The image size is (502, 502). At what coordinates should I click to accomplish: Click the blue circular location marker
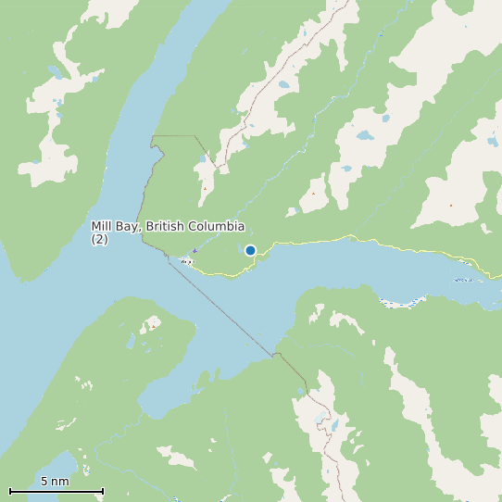click(250, 250)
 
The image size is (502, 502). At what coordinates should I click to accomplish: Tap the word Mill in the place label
click(102, 227)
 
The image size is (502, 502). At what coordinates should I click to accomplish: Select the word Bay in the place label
click(128, 227)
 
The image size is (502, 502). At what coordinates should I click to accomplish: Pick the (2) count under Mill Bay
click(99, 239)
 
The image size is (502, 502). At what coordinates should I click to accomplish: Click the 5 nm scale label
click(55, 481)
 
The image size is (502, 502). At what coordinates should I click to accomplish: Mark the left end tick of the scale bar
click(10, 491)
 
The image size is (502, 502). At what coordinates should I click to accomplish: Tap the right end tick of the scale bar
click(103, 491)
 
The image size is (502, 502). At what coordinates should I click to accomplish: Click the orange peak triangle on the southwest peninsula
click(153, 326)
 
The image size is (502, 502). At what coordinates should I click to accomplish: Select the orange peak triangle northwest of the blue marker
click(205, 189)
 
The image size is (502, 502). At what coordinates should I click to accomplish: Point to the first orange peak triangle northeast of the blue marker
click(313, 193)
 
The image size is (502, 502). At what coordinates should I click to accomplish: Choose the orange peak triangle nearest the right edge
click(451, 205)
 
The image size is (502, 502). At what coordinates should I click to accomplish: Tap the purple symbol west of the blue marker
click(195, 250)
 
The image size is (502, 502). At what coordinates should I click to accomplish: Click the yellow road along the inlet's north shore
click(370, 243)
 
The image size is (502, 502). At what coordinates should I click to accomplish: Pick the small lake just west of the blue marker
click(237, 247)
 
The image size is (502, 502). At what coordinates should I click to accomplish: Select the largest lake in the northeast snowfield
click(366, 135)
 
